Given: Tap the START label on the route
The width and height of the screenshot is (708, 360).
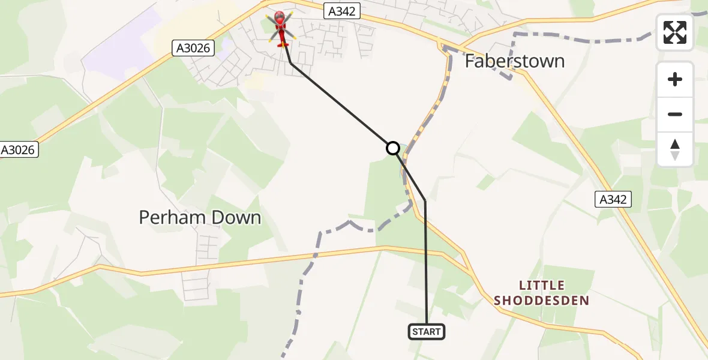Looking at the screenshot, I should click(427, 332).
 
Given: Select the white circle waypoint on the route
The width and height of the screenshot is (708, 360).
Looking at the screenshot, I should click(392, 148).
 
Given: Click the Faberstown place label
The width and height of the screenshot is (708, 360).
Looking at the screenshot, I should click(515, 61).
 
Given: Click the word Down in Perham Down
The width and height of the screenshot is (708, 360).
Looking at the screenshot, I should click(239, 217).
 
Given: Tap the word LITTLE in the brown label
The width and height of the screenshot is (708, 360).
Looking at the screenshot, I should click(542, 285).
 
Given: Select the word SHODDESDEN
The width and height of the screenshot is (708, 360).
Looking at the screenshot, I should click(542, 301).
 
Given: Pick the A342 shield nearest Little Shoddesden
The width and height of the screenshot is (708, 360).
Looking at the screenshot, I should click(614, 199).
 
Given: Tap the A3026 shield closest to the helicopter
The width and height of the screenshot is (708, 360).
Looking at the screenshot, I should click(193, 48).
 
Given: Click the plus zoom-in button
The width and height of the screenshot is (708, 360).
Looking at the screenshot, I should click(675, 79).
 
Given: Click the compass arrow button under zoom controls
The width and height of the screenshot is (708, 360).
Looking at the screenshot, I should click(675, 149).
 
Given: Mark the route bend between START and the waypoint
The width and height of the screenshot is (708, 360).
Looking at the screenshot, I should click(425, 200).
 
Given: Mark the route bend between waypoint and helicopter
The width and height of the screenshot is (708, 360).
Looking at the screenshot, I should click(290, 62).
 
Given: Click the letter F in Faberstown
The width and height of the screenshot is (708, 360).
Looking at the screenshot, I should click(471, 61).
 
